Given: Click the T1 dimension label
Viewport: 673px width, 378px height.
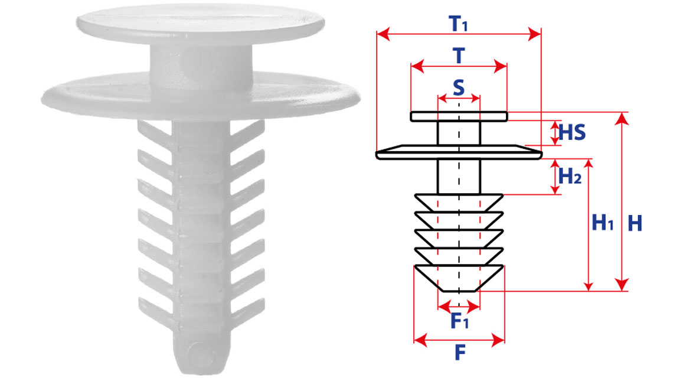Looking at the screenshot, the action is click(x=458, y=23).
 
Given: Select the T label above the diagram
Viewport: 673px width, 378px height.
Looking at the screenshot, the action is click(x=459, y=56).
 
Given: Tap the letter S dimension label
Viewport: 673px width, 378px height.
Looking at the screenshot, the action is click(x=458, y=87).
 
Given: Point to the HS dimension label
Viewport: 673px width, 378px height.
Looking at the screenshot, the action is click(x=571, y=132).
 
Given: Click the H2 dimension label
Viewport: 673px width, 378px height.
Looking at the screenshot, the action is click(x=570, y=175).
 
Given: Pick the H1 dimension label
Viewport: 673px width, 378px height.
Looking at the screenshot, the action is click(x=603, y=223).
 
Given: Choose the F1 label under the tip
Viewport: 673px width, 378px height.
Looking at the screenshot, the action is click(x=460, y=321).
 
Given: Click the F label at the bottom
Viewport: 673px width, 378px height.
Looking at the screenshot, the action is click(x=460, y=353).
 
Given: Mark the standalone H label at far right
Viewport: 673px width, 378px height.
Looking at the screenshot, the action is click(x=635, y=223).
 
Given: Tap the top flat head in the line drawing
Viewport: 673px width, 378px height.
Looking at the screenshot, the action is click(x=459, y=116).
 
